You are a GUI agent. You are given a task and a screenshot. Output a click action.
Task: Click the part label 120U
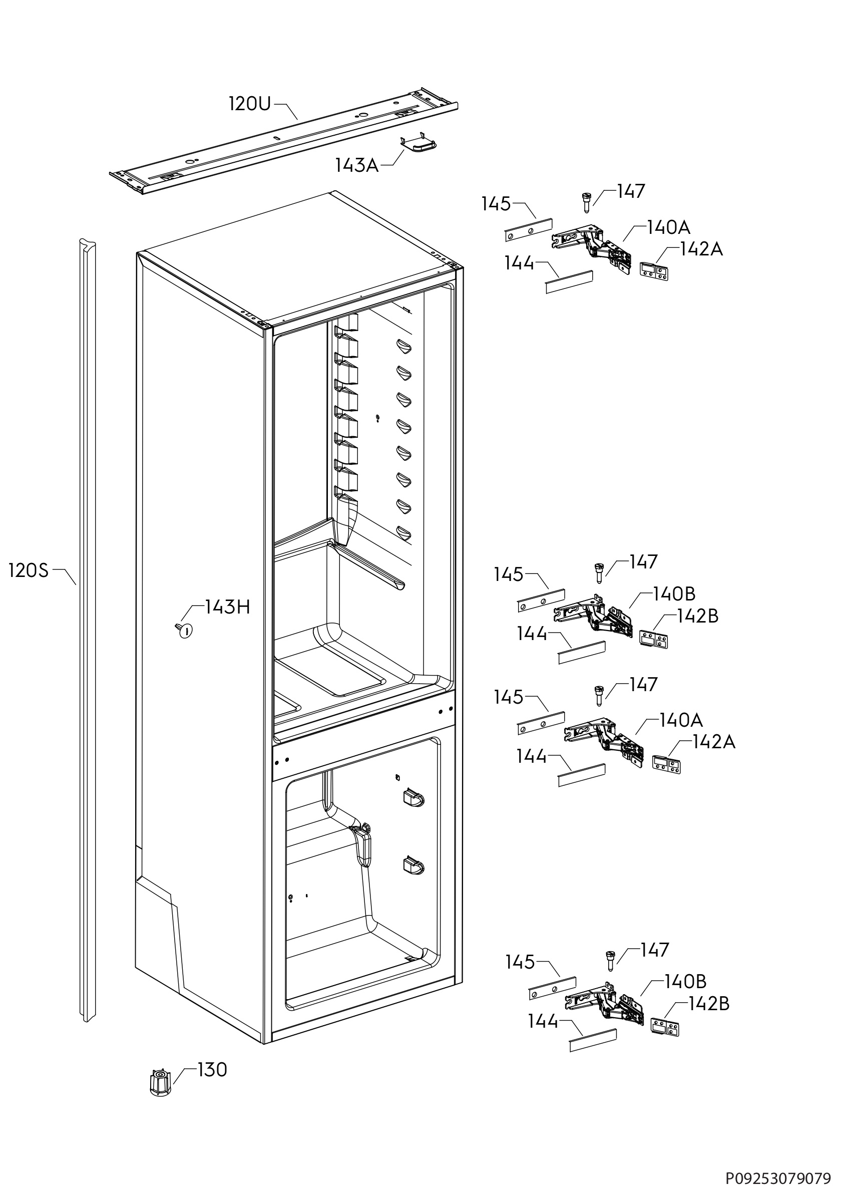[250, 104]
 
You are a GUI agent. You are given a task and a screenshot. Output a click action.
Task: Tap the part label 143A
[357, 165]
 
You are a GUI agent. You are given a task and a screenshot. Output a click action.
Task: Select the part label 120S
[29, 570]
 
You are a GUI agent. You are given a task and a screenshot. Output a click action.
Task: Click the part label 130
[212, 1070]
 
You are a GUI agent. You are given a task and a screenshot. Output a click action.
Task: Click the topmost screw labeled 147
[586, 202]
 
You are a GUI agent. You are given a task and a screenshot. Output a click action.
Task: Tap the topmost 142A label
[701, 249]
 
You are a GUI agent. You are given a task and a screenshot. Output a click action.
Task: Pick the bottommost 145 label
[520, 962]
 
